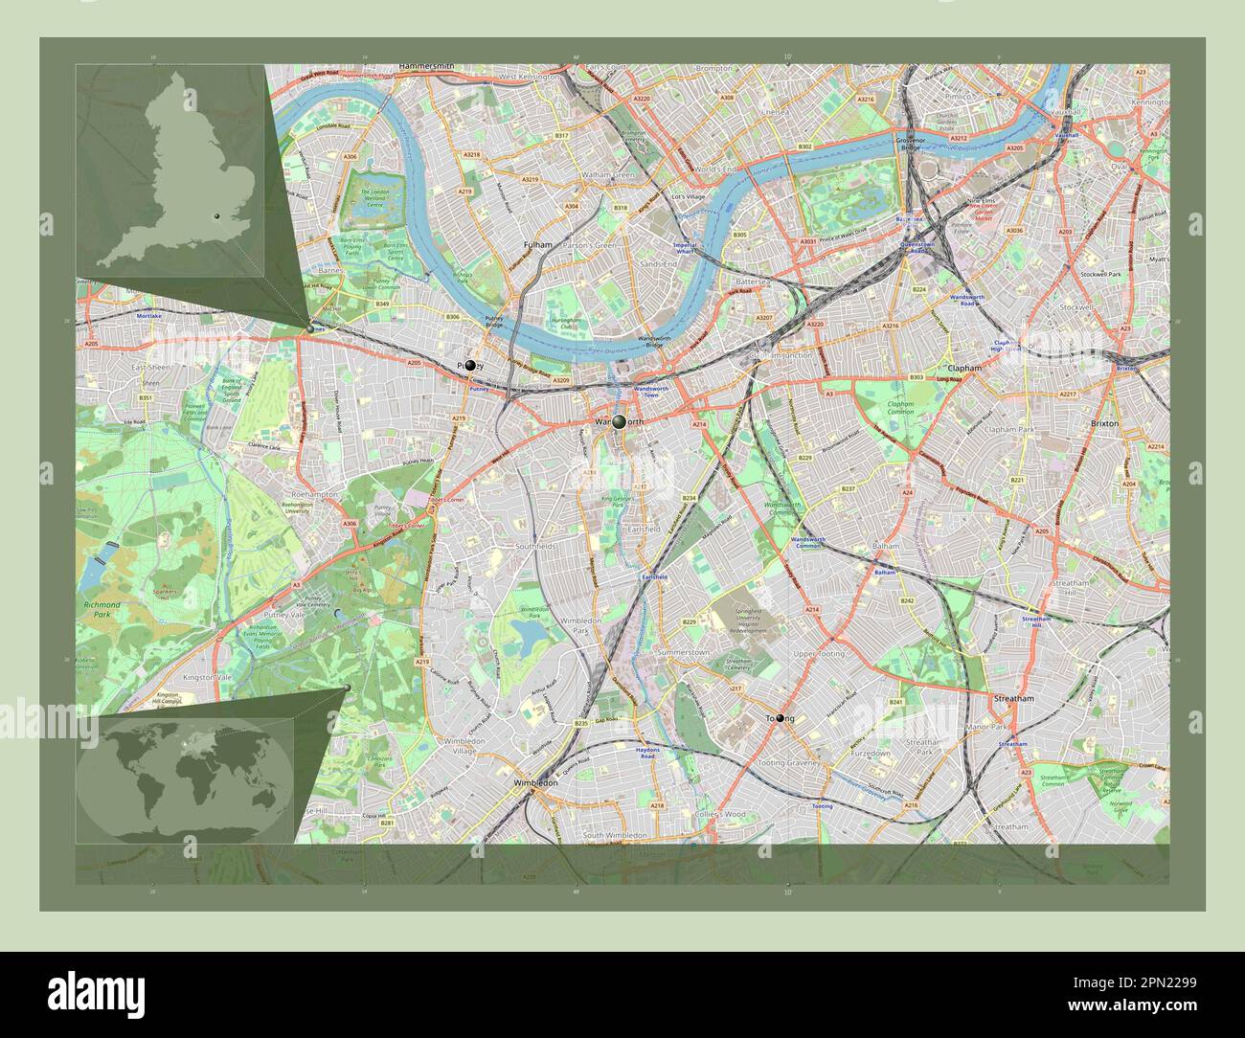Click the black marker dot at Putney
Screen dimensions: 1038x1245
click(x=469, y=365)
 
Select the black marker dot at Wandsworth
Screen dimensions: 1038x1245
click(x=620, y=421)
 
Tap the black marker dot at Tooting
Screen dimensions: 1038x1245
click(x=781, y=718)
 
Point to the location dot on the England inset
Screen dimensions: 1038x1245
click(x=218, y=216)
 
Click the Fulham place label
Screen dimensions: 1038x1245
click(x=538, y=245)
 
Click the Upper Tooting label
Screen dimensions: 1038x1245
click(x=819, y=653)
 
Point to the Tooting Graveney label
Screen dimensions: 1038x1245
click(x=788, y=763)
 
